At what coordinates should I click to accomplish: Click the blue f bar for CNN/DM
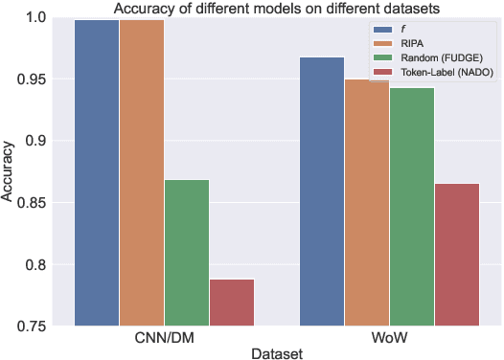click(x=96, y=172)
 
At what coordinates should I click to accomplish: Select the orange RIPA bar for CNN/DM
click(x=141, y=172)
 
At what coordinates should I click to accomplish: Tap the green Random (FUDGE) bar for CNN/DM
click(x=187, y=253)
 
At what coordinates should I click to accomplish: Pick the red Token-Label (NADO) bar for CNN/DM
click(x=232, y=303)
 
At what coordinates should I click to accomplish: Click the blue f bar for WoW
click(x=322, y=191)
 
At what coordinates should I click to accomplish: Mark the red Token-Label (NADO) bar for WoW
click(x=457, y=255)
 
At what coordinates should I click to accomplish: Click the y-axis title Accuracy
click(x=11, y=172)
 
